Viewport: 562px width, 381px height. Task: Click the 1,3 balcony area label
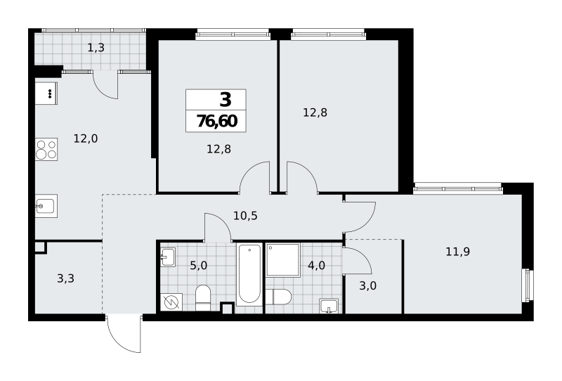click(96, 48)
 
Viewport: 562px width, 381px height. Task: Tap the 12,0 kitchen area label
click(86, 138)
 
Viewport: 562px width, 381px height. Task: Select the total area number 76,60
click(217, 122)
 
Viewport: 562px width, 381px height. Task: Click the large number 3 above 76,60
click(226, 99)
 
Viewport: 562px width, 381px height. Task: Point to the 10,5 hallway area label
click(245, 216)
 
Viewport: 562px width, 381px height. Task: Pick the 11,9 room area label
click(458, 252)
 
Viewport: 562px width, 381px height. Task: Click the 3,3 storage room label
click(65, 278)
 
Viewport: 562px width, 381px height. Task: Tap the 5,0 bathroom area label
click(199, 266)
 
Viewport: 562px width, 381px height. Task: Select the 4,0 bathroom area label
click(317, 266)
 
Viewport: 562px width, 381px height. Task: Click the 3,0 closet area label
click(367, 286)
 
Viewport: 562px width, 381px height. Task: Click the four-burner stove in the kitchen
click(46, 149)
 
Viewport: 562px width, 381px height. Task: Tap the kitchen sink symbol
click(46, 206)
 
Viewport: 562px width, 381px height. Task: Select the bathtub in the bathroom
click(249, 273)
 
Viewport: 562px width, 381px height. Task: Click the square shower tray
click(283, 260)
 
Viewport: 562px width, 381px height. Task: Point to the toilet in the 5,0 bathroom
click(203, 298)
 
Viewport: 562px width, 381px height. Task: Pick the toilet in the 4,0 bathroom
click(278, 297)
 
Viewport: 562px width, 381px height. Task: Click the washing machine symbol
click(171, 302)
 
